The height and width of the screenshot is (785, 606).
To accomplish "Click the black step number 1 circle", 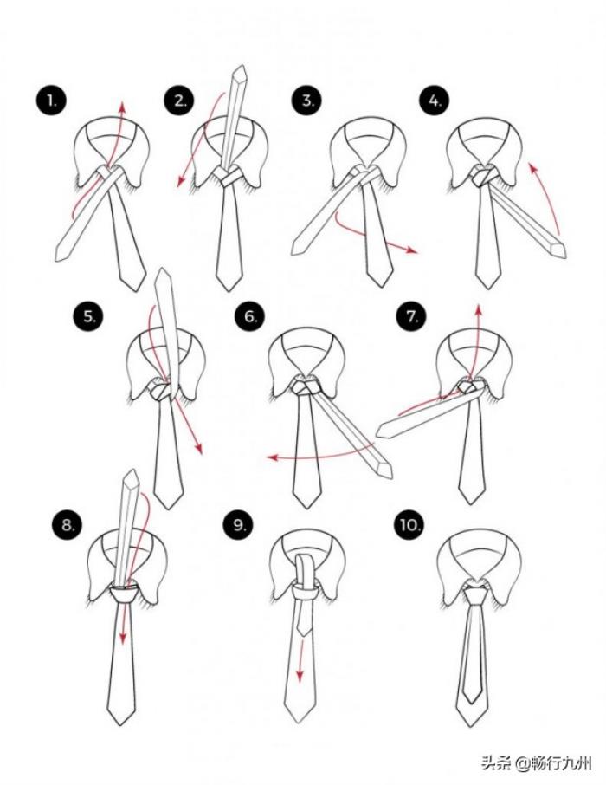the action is tap(51, 101).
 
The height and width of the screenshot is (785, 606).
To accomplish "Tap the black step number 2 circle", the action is tap(179, 101).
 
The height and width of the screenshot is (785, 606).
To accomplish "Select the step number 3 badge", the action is tap(306, 101).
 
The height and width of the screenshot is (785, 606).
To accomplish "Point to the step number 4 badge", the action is tap(434, 101).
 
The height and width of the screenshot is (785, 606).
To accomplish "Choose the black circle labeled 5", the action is tap(88, 316).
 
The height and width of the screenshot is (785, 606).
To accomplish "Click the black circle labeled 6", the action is tap(249, 316).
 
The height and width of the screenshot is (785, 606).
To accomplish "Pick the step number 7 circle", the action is tap(411, 316).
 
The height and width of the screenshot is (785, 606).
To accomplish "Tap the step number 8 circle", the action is tap(67, 525).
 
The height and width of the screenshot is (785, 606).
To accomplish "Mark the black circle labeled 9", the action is tap(238, 525).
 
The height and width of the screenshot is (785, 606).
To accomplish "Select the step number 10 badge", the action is tap(409, 525).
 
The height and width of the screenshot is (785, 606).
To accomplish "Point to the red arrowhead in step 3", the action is tap(411, 250).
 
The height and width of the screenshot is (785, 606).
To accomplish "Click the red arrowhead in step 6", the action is tap(272, 457).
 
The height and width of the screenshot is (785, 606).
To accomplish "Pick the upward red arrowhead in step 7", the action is tap(478, 310).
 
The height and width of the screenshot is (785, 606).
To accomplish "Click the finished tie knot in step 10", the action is tap(474, 594).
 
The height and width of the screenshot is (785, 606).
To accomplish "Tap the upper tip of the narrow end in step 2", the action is tap(242, 66).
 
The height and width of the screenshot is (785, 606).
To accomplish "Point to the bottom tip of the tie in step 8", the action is tap(120, 724).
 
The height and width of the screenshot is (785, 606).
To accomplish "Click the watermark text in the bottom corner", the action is tap(537, 763).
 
